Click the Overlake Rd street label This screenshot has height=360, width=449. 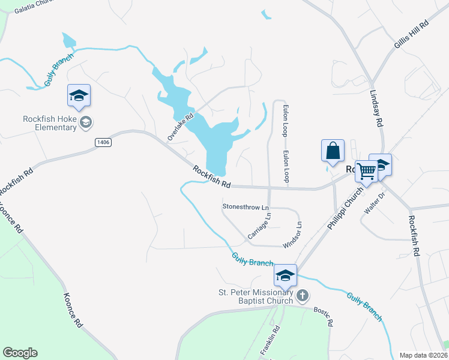181,127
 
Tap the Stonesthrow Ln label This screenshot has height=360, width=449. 246,206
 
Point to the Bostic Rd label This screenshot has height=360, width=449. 323,316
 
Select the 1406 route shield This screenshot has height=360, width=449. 103,141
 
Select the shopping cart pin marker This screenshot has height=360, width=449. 366,170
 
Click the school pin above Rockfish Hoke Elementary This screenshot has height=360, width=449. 79,97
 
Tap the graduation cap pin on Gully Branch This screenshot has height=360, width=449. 285,275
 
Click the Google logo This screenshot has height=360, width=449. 20,353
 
